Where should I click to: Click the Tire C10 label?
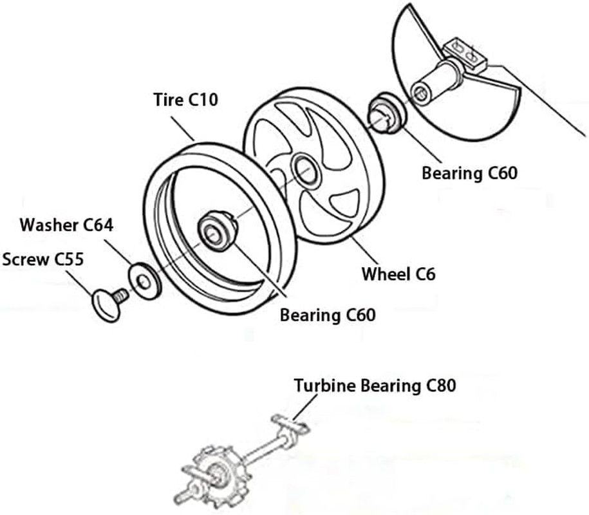[185, 100]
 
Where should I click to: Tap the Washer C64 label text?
[66, 225]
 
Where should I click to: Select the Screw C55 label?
[43, 259]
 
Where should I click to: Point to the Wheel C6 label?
[398, 274]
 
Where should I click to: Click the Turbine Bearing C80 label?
[375, 386]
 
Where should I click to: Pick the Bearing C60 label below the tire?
[328, 315]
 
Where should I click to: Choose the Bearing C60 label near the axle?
[469, 173]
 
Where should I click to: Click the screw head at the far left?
[106, 305]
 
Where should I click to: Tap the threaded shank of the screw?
[121, 295]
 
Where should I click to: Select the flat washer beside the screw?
[145, 281]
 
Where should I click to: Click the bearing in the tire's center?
[217, 230]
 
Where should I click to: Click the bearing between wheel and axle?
[386, 113]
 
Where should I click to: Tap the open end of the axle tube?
[420, 93]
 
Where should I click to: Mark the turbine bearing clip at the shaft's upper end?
[290, 424]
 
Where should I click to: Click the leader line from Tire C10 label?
[183, 129]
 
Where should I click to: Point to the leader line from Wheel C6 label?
[364, 250]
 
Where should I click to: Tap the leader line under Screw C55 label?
[79, 283]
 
